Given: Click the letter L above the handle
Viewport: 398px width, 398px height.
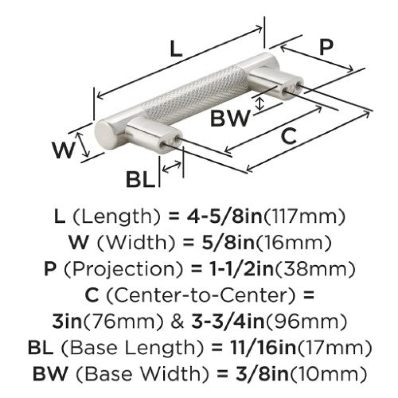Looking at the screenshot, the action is click(176, 49).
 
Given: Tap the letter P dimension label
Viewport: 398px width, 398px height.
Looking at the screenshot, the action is click(326, 47).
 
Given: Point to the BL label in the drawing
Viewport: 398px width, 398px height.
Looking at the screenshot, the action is click(140, 180).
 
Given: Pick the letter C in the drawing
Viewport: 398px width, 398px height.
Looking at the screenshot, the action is click(289, 136).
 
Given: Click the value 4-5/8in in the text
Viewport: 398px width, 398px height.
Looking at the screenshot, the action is click(224, 216).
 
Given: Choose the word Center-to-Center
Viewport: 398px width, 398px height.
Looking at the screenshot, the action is click(200, 296).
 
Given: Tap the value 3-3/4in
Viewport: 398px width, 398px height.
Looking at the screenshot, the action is click(228, 321).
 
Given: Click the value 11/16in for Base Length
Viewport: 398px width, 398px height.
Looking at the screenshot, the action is click(264, 348).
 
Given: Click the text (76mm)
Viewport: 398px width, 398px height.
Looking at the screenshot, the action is click(123, 322).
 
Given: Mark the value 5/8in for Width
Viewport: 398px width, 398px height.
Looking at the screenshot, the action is click(227, 242).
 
